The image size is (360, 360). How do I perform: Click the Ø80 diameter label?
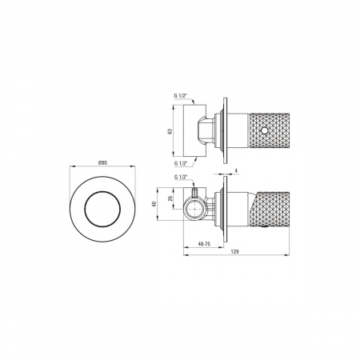tap(102, 163)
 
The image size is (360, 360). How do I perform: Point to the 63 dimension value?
tap(170, 131)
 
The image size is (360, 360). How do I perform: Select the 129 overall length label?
tap(235, 251)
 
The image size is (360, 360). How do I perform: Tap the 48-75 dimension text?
tap(204, 244)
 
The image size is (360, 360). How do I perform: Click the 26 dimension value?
tap(170, 198)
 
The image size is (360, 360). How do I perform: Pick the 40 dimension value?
tap(153, 204)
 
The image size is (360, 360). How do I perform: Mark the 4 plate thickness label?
tap(236, 170)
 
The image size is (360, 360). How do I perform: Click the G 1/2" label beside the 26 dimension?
tap(181, 177)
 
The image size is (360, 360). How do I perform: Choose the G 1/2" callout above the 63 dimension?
tap(181, 95)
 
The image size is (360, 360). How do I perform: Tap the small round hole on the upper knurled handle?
tap(264, 130)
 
